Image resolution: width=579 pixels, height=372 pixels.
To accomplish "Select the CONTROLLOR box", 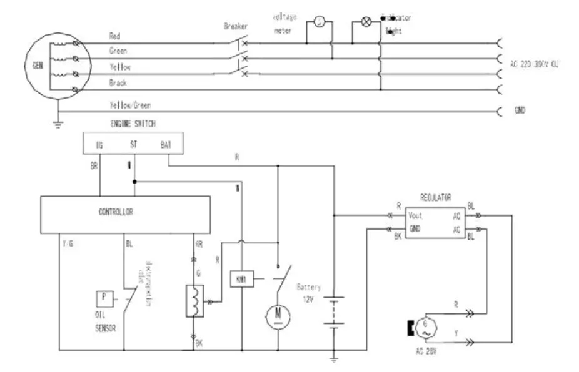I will [x=116, y=212].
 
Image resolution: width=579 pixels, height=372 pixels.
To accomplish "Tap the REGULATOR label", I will [x=436, y=197].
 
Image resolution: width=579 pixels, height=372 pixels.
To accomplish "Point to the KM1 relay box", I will [x=241, y=278].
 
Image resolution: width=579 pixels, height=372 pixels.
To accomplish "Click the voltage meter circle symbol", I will [x=319, y=24].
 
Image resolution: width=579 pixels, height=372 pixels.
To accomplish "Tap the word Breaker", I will [x=235, y=26].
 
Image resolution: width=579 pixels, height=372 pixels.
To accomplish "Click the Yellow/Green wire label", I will [x=130, y=105].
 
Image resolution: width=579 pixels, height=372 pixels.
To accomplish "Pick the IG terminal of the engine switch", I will [x=99, y=145].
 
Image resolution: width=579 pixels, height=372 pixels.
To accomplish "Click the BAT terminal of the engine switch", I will [x=166, y=145].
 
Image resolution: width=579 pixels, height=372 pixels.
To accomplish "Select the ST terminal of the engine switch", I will [x=133, y=145].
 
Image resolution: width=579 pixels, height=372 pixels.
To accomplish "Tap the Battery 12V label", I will [x=309, y=293].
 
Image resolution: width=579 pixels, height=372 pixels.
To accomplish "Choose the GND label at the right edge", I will [x=519, y=110].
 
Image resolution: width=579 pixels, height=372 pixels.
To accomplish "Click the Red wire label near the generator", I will [x=115, y=36].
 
